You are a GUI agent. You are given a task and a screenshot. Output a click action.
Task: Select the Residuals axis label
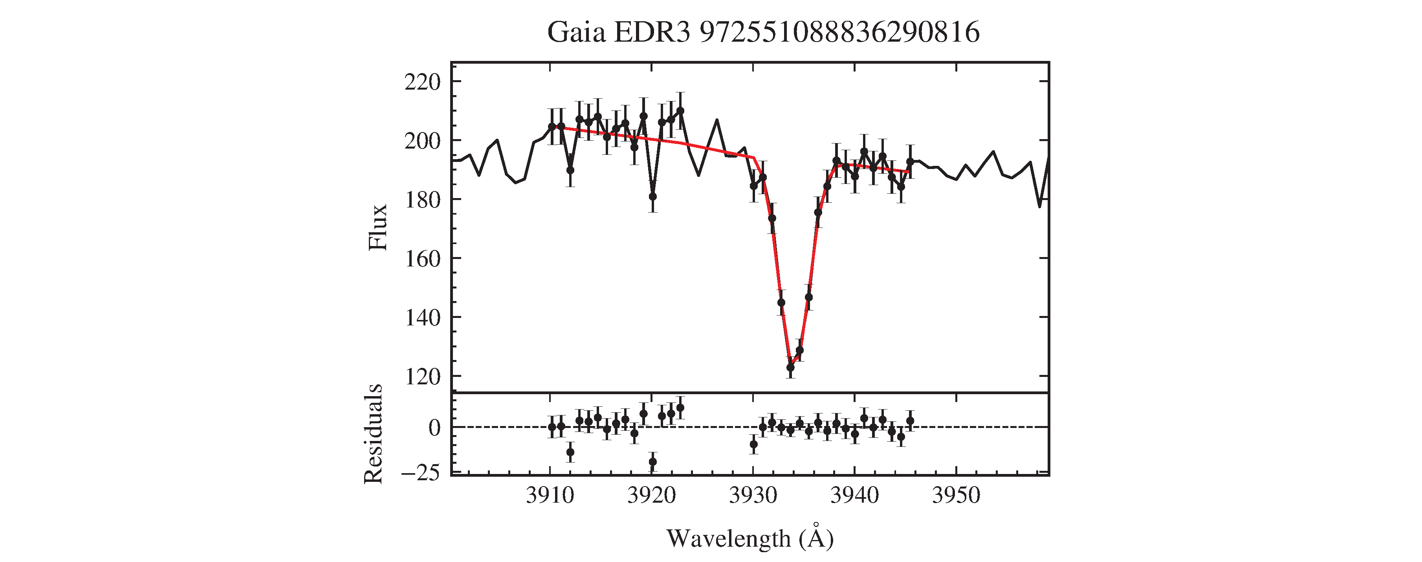374,434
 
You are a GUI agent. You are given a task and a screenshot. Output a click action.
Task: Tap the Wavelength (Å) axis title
749,538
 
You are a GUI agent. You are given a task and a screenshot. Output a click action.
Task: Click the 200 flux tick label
422,141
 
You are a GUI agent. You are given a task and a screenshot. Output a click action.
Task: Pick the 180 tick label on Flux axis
422,200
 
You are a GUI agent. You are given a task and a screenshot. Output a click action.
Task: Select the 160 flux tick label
422,258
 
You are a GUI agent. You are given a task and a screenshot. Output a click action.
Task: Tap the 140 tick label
422,318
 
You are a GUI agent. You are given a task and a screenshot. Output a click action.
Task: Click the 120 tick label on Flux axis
422,377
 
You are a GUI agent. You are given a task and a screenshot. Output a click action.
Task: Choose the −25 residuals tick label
421,473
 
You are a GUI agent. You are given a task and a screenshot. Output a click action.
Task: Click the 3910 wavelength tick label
550,496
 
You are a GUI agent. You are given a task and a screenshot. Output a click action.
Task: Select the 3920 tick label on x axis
651,496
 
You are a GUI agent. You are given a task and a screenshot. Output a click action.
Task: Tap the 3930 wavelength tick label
753,496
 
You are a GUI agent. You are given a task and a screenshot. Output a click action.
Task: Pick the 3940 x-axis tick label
854,496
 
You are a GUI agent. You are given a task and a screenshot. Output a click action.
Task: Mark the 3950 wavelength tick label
956,496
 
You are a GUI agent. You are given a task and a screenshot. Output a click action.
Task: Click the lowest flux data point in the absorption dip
790,367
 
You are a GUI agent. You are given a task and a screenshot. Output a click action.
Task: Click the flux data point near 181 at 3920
652,196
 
